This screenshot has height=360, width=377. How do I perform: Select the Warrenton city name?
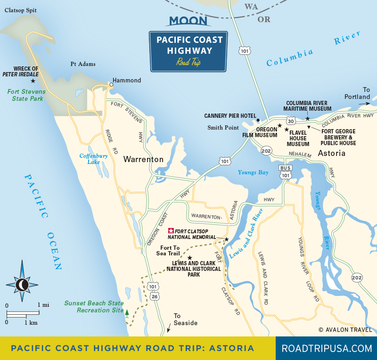(x=143, y=159)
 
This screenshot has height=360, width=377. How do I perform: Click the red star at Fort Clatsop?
(x=171, y=231)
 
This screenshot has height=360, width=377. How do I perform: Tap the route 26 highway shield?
(x=155, y=296)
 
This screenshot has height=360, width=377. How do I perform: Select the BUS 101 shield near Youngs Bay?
(x=285, y=172)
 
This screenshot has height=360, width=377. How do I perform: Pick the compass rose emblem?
(x=22, y=284)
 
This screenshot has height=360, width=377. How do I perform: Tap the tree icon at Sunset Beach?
(x=127, y=311)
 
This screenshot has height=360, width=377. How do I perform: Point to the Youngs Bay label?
(x=253, y=172)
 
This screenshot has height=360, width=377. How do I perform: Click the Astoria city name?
(x=331, y=154)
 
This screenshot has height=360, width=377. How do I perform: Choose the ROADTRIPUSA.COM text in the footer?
(x=327, y=349)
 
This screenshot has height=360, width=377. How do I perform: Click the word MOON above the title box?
(x=188, y=21)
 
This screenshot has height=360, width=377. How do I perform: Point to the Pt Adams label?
(x=83, y=64)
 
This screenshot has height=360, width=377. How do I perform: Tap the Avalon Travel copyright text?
(x=345, y=330)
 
